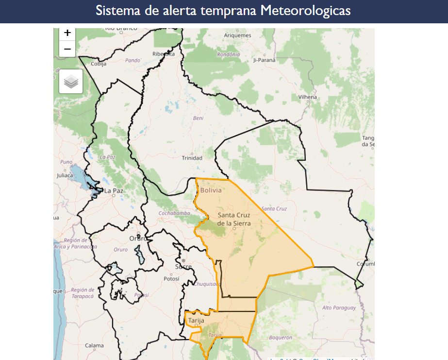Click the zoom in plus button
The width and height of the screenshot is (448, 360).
(67, 34)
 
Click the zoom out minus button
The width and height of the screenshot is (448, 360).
(67, 49)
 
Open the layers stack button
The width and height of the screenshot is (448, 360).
(71, 81)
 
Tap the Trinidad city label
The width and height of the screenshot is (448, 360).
(192, 158)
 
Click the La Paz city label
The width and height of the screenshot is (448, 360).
(114, 191)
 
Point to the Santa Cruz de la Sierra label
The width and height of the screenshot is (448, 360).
(234, 219)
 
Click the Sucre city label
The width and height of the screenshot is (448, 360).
(183, 267)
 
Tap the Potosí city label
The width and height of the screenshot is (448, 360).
(171, 279)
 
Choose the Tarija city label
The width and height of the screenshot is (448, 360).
(196, 321)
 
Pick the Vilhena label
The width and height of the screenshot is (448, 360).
(308, 97)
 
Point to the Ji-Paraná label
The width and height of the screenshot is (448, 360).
(264, 60)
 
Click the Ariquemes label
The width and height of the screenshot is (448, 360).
(238, 35)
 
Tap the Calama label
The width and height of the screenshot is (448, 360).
(94, 346)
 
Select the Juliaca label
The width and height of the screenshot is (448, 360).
(65, 175)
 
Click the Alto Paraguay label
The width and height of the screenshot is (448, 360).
(339, 308)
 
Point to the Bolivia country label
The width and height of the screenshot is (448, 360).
(211, 190)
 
